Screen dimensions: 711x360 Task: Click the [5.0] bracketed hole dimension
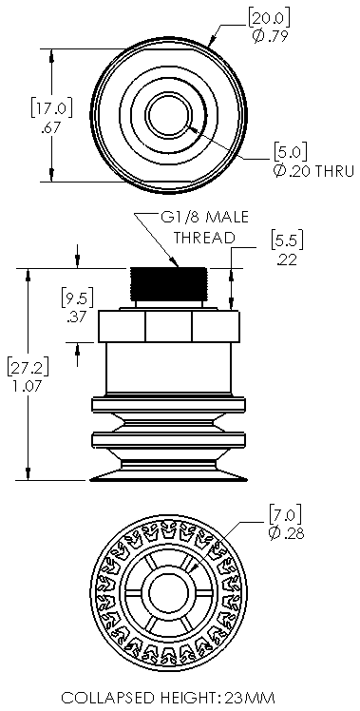click(289, 151)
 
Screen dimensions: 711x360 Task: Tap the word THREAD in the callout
click(202, 236)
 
